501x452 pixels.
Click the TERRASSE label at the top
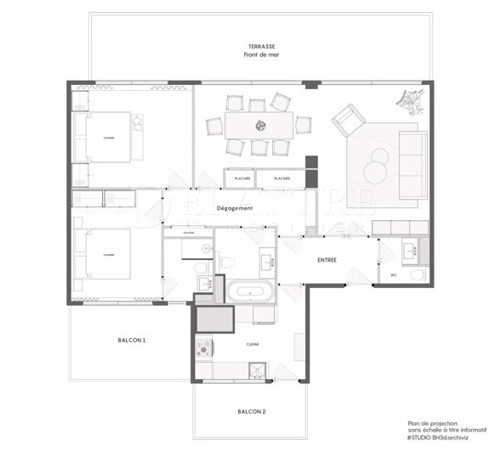point(261,47)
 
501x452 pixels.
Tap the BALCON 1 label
point(131,340)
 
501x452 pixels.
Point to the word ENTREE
point(332,260)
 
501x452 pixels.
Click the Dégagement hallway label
point(235,208)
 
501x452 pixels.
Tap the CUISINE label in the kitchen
point(253,344)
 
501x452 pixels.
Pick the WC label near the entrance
point(394,275)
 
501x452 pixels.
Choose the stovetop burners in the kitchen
point(204,347)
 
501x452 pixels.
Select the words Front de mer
point(261,55)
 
